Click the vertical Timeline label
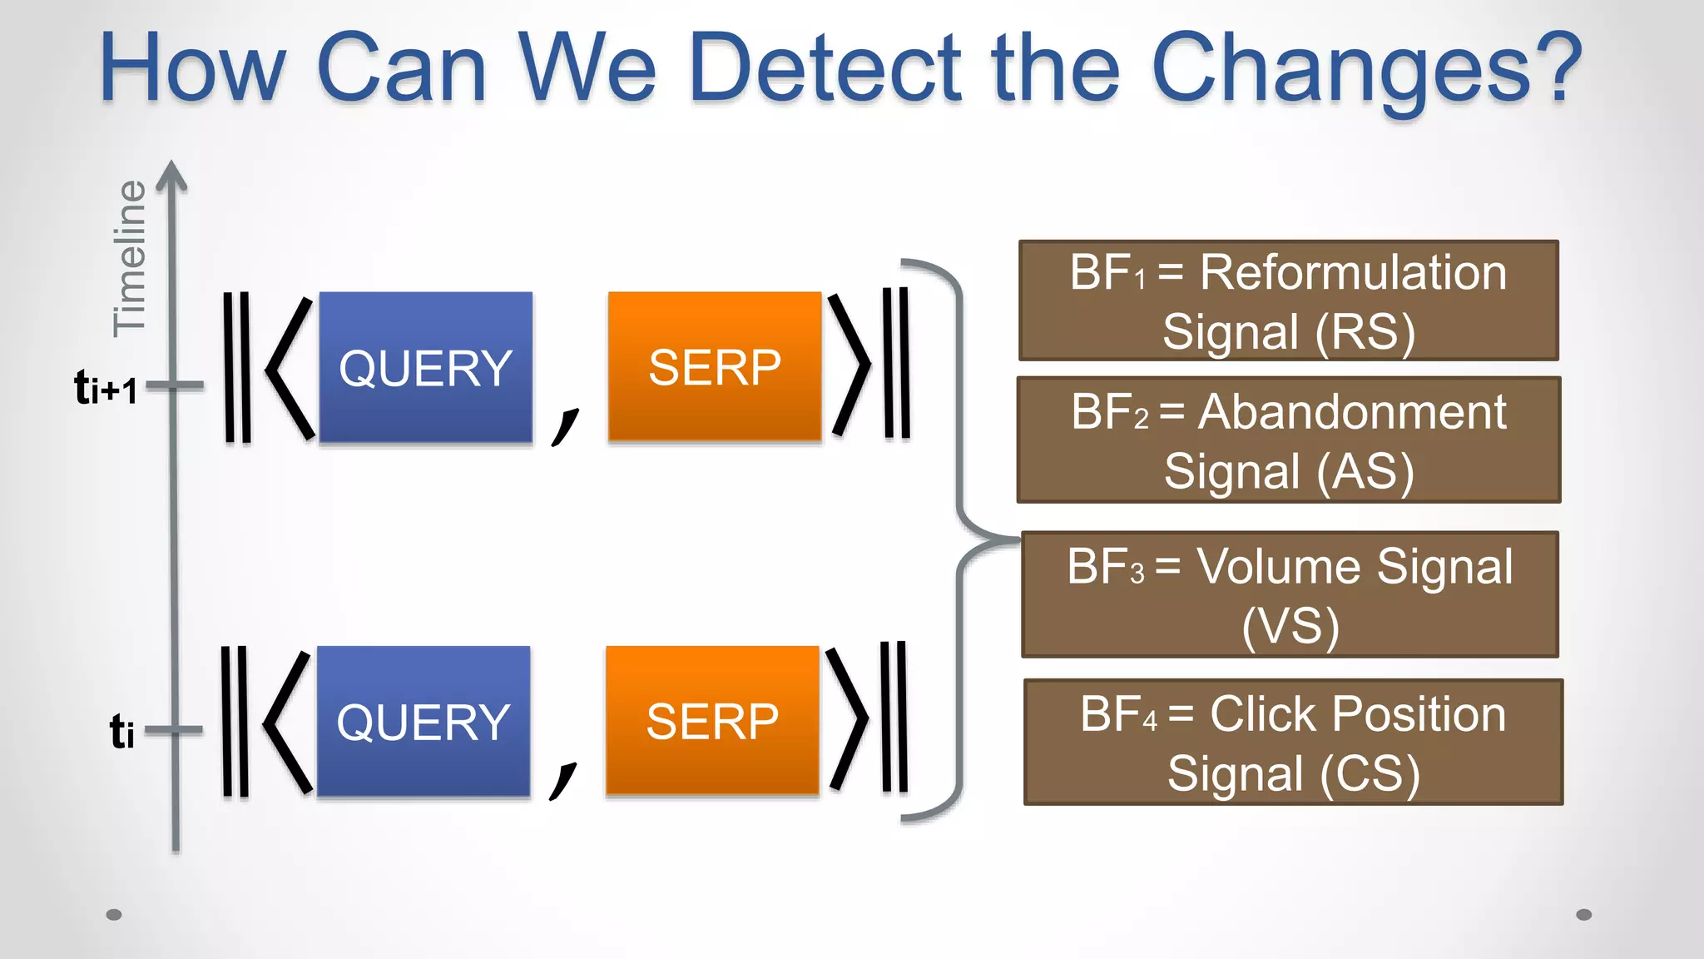click(130, 258)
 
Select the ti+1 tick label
click(106, 387)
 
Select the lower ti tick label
click(121, 732)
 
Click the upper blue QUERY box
click(425, 366)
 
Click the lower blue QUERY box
click(423, 721)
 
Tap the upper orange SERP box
click(714, 366)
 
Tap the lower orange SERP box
click(712, 720)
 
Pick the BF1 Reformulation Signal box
click(1288, 301)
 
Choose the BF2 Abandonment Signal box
click(1288, 440)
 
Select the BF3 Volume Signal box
click(1290, 594)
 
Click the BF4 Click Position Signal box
click(1293, 742)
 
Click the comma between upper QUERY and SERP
click(565, 425)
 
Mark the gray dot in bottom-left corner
click(115, 915)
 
